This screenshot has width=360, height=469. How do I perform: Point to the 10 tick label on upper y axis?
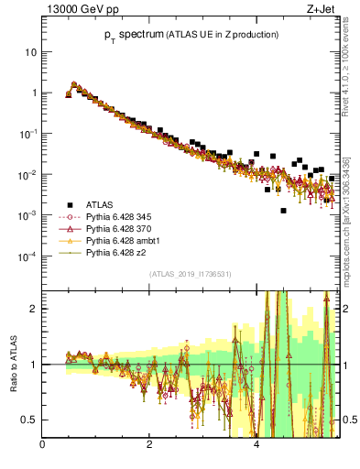coord(30,52)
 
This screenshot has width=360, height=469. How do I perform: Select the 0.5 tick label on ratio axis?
coord(28,420)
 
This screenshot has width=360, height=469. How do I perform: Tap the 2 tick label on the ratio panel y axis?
coord(33,309)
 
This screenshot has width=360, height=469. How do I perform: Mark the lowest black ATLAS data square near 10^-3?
coord(284,211)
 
